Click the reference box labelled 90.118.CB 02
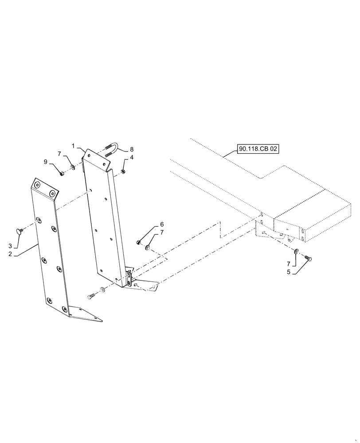(258, 149)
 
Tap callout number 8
(131, 149)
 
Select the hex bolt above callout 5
(309, 257)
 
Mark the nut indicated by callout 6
(139, 242)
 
